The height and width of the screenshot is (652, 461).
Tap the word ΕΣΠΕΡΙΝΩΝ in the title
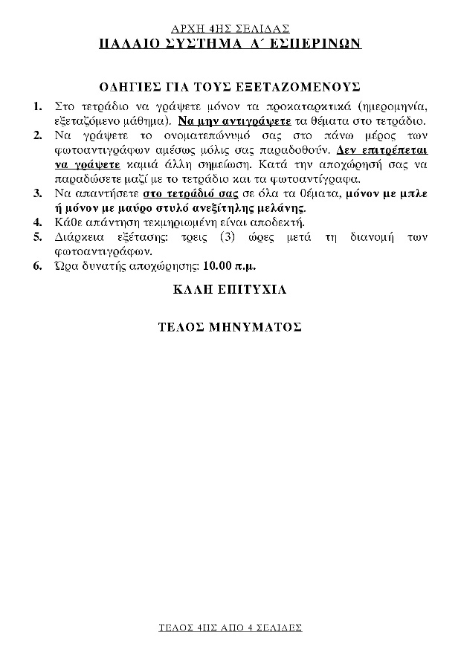point(317,44)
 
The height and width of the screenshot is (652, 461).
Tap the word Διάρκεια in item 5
point(78,237)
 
